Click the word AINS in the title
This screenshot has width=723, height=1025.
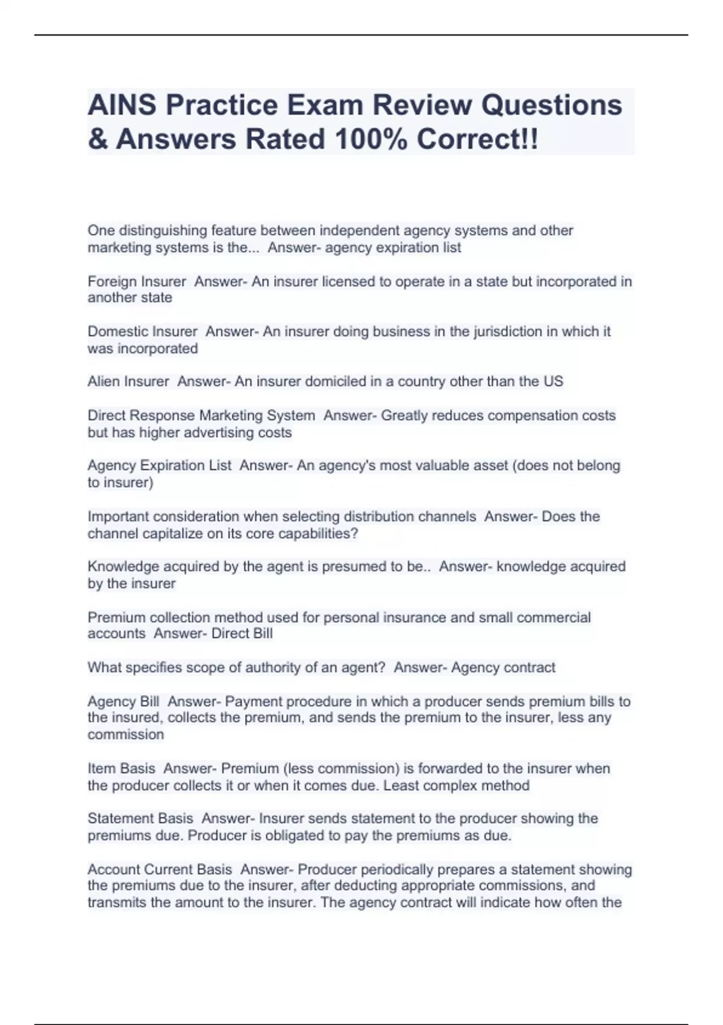point(122,105)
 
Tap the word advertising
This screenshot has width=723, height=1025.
point(219,432)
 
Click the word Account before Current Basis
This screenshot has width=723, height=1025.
point(116,869)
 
